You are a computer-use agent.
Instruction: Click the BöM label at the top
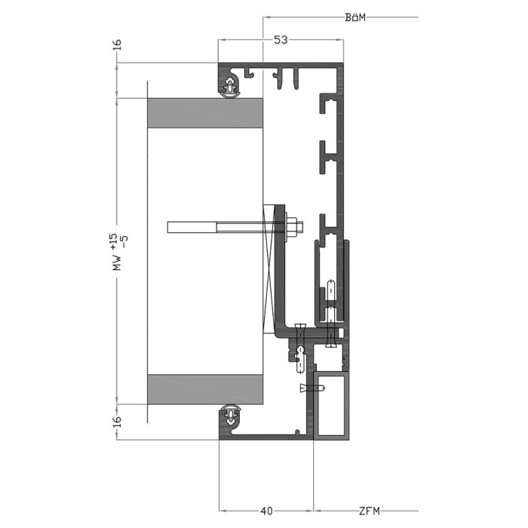coord(355,17)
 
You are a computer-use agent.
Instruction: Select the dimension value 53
coord(281,40)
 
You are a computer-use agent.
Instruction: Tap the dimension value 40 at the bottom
coord(266,511)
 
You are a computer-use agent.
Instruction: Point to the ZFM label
coord(370,511)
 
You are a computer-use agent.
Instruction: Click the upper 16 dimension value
coord(117,45)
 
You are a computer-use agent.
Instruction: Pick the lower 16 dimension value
coord(117,421)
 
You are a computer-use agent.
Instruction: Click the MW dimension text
coord(117,262)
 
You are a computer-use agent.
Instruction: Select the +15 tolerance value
coord(114,242)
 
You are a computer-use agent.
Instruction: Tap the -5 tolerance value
coord(124,242)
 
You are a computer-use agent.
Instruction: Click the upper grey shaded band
coord(205,113)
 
